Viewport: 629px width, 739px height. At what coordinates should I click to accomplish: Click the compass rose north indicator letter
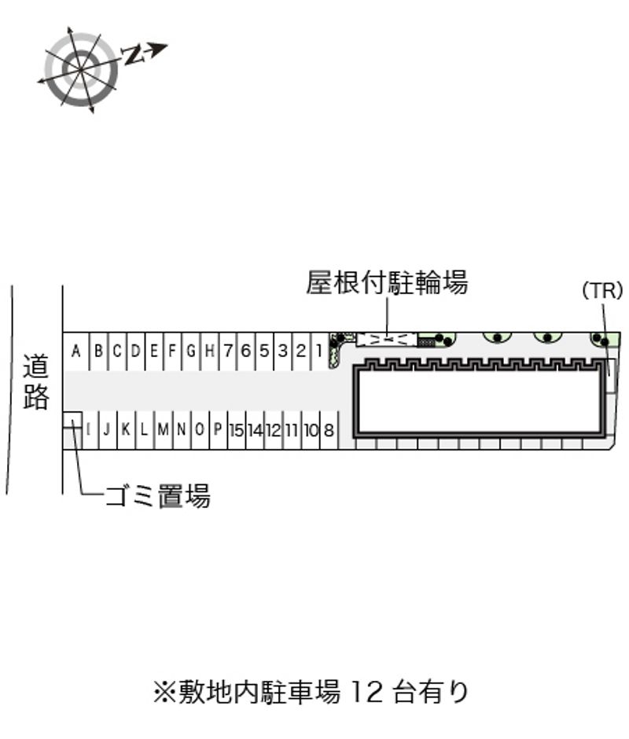tap(134, 55)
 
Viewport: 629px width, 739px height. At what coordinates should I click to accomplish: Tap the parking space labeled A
tap(75, 351)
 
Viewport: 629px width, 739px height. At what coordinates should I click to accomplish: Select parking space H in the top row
tap(210, 351)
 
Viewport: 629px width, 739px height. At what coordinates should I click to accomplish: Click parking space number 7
tap(228, 351)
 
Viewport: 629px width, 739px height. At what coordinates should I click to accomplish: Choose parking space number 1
tap(320, 351)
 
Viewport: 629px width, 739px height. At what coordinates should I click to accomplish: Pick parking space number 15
tap(237, 430)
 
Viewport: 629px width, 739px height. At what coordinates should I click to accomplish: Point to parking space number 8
tap(329, 430)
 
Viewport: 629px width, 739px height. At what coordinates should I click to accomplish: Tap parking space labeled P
tap(219, 430)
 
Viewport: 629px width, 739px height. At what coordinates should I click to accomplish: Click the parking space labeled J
tap(108, 430)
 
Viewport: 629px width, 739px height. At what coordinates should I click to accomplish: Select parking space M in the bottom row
tap(163, 430)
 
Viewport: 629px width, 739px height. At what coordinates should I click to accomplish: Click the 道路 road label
tap(36, 382)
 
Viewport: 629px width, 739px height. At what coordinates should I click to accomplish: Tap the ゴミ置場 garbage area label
tap(157, 496)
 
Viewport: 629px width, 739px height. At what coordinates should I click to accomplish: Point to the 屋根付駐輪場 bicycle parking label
tap(387, 283)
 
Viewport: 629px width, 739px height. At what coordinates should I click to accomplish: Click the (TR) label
tap(602, 290)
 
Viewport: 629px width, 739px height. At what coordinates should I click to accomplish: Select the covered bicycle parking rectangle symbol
tap(387, 340)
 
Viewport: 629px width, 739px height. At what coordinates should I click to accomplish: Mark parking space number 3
tap(283, 351)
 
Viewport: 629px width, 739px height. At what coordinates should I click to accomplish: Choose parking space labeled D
tap(136, 351)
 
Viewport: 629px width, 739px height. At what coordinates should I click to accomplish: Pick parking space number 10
tap(311, 430)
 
